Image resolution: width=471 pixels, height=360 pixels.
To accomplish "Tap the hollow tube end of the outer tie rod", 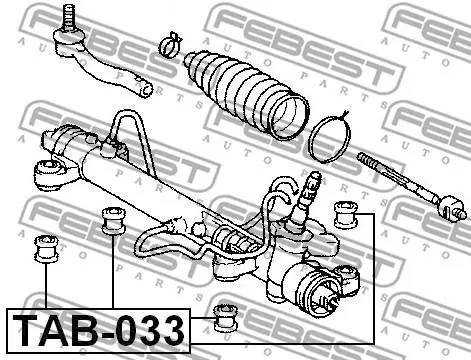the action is click(146, 89).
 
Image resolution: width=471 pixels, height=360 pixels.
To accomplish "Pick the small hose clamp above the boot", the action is click(170, 45).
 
